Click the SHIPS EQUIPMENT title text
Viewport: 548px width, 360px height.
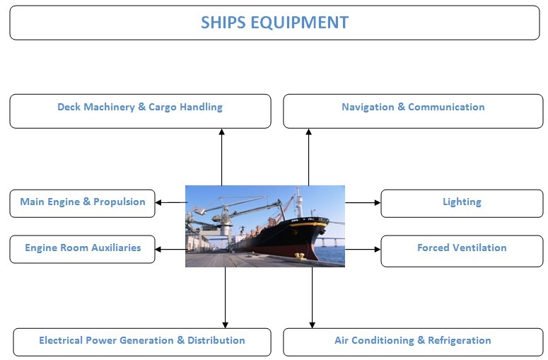click(x=274, y=22)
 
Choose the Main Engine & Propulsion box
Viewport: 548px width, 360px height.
click(x=82, y=203)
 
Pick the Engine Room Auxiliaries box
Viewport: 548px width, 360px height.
click(x=82, y=249)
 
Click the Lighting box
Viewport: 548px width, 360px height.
click(x=462, y=203)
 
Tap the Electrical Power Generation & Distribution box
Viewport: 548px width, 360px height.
click(x=141, y=342)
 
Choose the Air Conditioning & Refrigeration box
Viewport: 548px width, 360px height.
click(x=413, y=342)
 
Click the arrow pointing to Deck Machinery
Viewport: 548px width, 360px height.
click(x=221, y=156)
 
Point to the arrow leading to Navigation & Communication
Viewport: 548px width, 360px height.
click(x=308, y=156)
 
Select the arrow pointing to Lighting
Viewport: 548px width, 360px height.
click(x=363, y=202)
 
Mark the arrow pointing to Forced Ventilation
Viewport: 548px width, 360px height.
click(x=363, y=249)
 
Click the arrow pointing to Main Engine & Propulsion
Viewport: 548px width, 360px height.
click(x=170, y=202)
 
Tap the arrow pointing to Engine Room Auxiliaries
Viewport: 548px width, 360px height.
click(x=170, y=249)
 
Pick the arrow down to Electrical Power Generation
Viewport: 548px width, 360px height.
click(x=226, y=297)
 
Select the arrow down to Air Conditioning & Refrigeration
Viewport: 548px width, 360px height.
click(x=312, y=297)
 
